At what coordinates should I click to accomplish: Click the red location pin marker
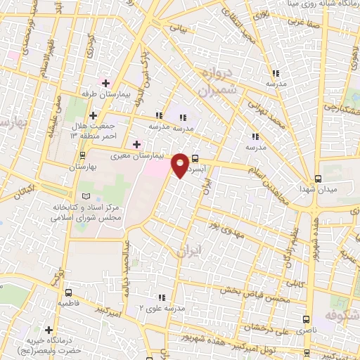(180, 165)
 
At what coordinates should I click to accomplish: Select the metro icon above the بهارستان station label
(84, 155)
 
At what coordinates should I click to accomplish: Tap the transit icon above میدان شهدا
(318, 178)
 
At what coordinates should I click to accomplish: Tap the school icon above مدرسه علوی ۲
(162, 297)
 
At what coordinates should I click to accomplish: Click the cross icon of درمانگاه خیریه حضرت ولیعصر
(48, 329)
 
